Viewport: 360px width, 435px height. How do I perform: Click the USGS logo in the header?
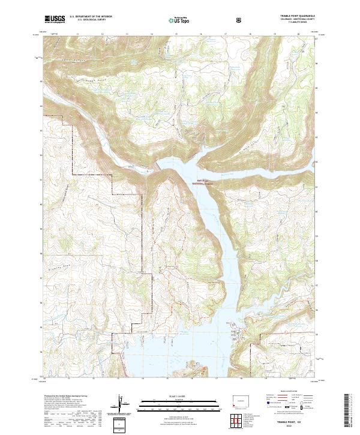tap(55, 19)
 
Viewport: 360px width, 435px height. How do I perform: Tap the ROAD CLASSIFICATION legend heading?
tap(290, 395)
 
